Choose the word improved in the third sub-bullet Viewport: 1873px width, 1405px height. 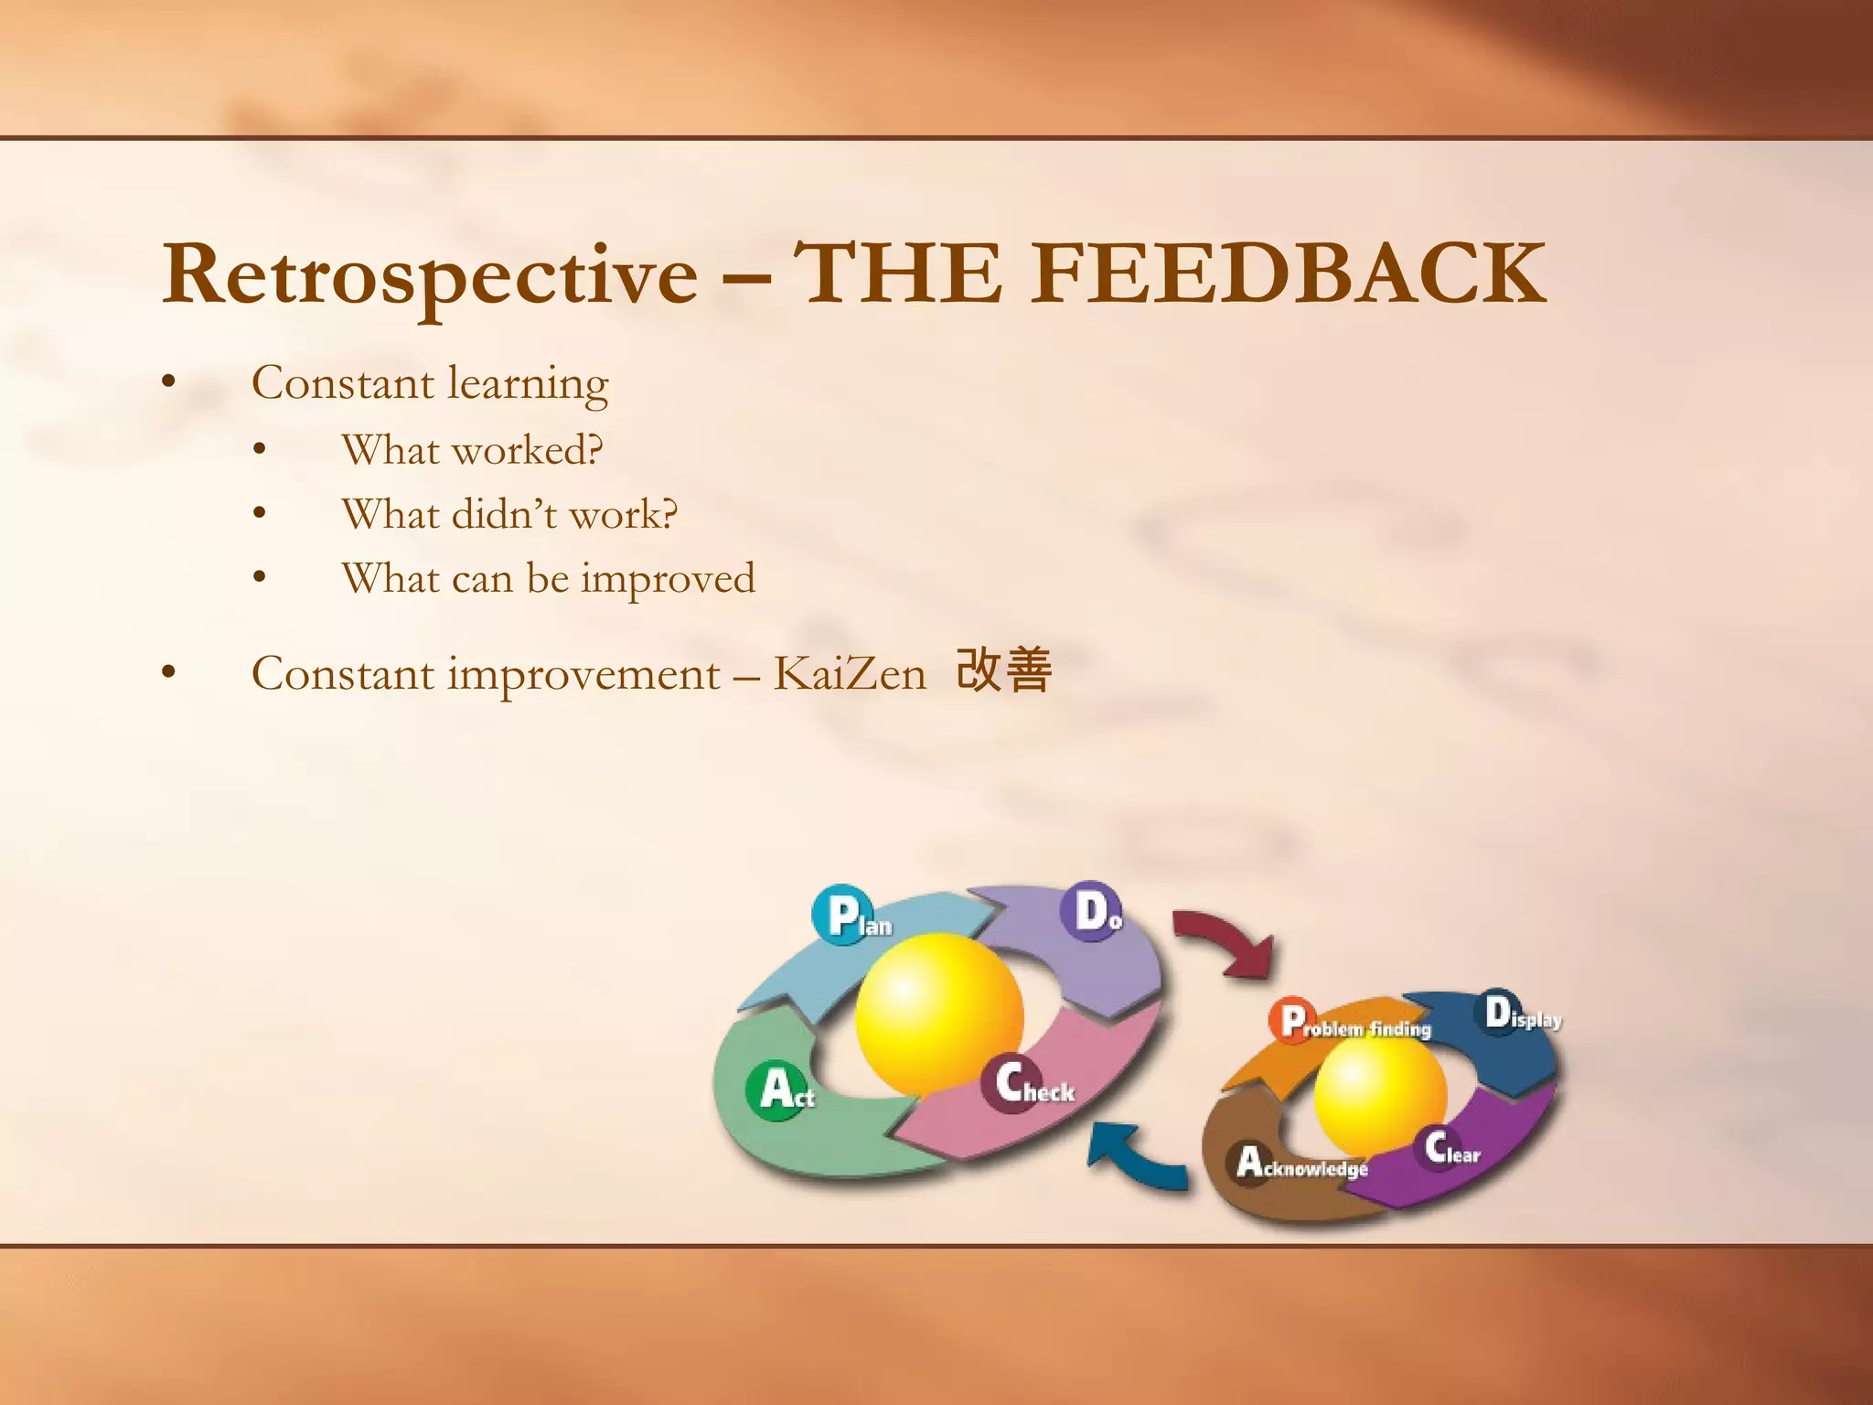668,579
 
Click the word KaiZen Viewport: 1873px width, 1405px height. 850,675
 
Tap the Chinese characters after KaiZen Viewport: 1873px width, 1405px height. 1003,670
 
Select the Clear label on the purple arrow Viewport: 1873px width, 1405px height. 1450,1149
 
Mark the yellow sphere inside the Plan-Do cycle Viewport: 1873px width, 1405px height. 939,1014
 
